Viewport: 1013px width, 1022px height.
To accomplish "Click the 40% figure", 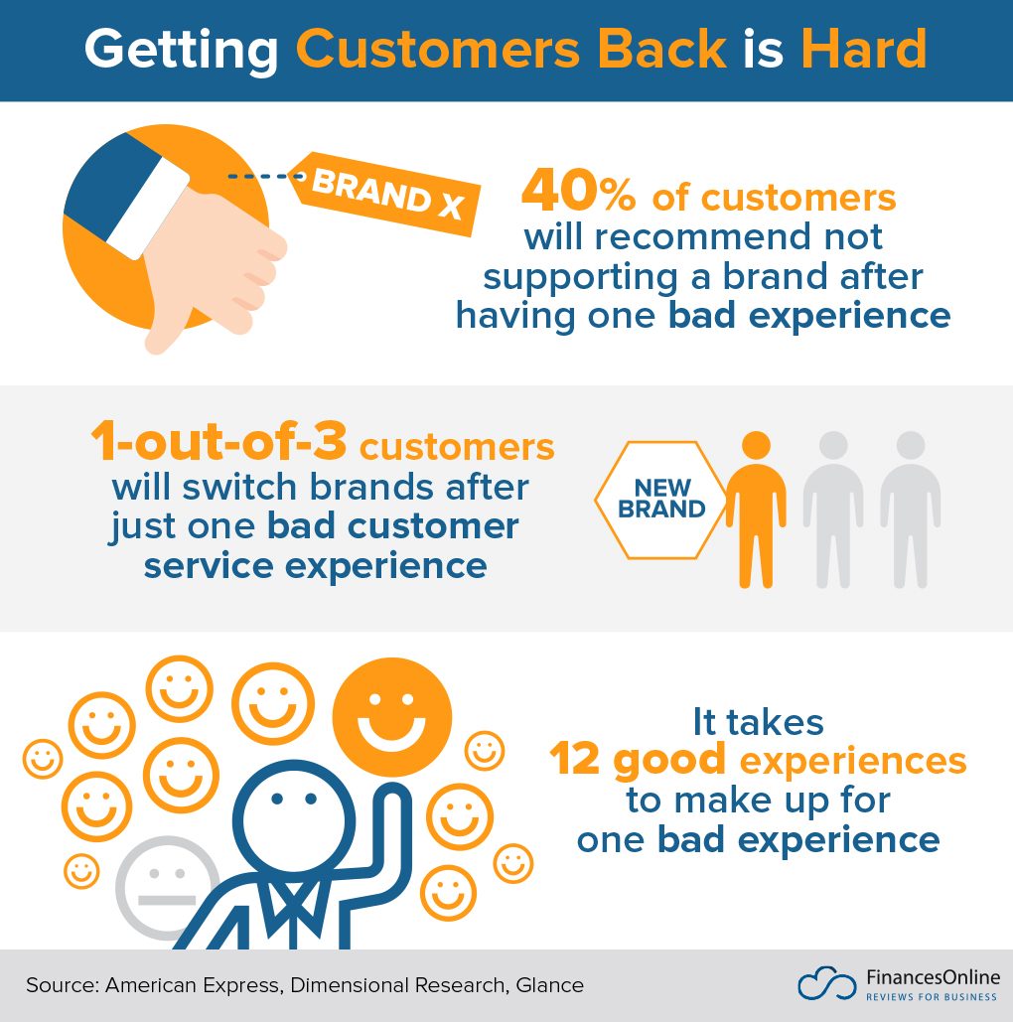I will point(579,193).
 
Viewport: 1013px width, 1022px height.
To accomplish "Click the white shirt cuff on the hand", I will point(148,209).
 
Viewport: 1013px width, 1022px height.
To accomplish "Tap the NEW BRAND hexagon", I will point(661,500).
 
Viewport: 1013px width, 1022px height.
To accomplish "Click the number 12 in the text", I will point(576,761).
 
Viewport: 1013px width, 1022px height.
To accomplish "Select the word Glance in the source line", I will point(549,985).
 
